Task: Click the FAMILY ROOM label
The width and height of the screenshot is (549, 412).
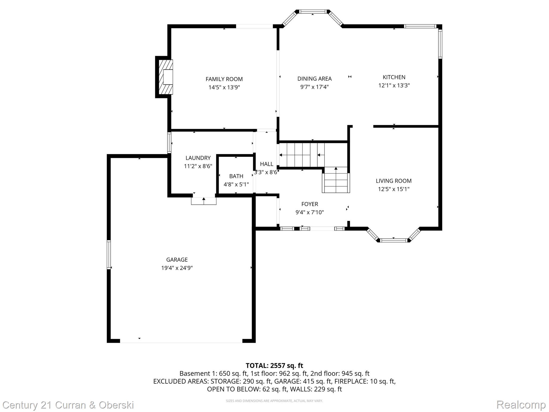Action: pos(224,79)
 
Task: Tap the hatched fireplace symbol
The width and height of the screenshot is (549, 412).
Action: pos(166,77)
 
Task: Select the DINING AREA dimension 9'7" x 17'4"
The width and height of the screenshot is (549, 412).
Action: pos(314,87)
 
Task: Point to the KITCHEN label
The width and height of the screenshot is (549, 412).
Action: pos(394,77)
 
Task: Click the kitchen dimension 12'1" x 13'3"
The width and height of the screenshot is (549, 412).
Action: pos(394,86)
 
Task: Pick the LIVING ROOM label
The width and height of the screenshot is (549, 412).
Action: pos(394,181)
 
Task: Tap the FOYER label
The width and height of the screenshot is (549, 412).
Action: pos(310,204)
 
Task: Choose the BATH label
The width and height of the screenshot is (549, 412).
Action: pos(236,176)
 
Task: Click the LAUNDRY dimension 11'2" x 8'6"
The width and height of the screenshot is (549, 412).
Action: pos(198,166)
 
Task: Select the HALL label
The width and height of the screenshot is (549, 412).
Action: pos(266,164)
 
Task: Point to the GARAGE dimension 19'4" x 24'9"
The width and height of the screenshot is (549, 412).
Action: pos(177,268)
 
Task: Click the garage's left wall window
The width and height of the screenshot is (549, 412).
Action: pos(109,255)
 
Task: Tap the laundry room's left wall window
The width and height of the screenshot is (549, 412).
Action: pos(169,143)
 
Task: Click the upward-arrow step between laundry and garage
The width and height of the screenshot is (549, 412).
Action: pos(204,201)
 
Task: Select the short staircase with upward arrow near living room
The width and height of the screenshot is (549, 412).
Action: pos(336,180)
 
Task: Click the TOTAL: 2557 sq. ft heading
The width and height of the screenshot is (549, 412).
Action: pos(274,366)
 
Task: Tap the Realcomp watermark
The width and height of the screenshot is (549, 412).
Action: pos(521,405)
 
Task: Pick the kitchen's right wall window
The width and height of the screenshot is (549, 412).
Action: pos(440,44)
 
